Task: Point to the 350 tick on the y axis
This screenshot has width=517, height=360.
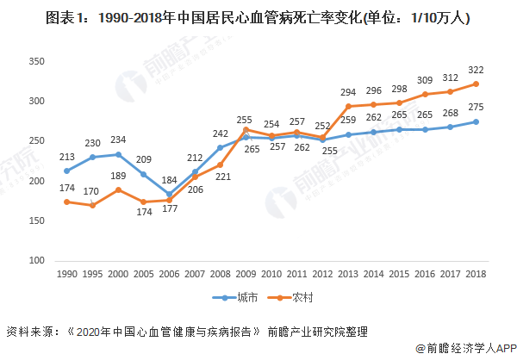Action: pyautogui.click(x=35, y=61)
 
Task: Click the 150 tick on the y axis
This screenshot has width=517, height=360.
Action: pyautogui.click(x=35, y=220)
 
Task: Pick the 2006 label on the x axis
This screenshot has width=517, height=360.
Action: pyautogui.click(x=170, y=273)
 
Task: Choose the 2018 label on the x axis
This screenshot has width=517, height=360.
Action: pyautogui.click(x=476, y=273)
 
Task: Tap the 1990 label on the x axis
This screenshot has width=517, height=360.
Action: pyautogui.click(x=67, y=273)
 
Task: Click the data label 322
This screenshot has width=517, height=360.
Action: pyautogui.click(x=476, y=69)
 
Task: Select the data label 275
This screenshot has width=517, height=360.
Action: pyautogui.click(x=476, y=107)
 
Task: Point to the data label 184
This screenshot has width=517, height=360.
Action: pyautogui.click(x=168, y=182)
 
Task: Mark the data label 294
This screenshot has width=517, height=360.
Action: pyautogui.click(x=348, y=91)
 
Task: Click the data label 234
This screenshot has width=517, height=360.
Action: pyautogui.click(x=118, y=140)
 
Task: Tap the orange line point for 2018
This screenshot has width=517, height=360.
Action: pyautogui.click(x=476, y=84)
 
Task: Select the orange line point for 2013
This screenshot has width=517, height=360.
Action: pyautogui.click(x=348, y=106)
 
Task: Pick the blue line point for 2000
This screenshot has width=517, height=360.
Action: pyautogui.click(x=118, y=154)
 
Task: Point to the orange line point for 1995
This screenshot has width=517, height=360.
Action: pyautogui.click(x=92, y=205)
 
